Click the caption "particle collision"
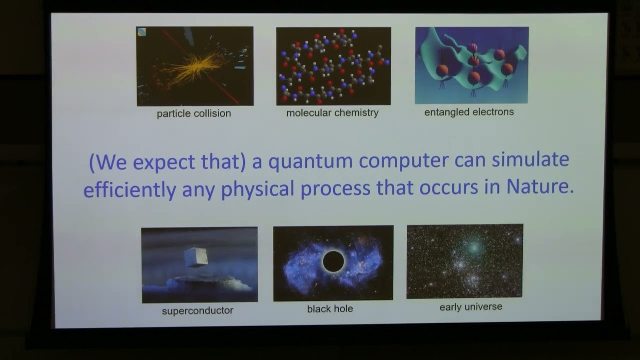(194, 114)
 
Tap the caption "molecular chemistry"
(332, 113)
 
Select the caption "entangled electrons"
(469, 112)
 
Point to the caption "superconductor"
(198, 310)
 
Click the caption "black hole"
(330, 309)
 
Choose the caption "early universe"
(471, 307)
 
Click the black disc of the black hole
(333, 261)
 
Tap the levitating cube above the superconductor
(194, 257)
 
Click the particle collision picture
(195, 66)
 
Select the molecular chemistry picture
(333, 66)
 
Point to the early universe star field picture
(465, 261)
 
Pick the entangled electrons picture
(471, 65)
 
